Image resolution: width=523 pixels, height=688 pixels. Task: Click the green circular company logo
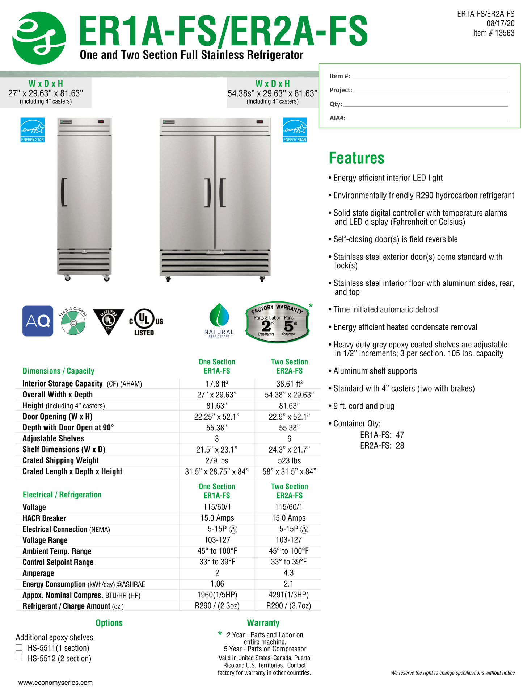click(39, 38)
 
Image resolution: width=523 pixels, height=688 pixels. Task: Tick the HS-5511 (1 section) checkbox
click(19, 647)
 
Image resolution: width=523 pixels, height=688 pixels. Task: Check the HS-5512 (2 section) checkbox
click(19, 657)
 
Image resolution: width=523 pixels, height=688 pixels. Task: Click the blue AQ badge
click(38, 321)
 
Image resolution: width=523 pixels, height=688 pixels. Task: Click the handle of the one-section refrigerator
click(64, 192)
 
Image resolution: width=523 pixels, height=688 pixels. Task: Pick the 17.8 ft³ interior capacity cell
click(217, 384)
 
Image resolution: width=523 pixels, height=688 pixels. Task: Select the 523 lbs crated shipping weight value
click(289, 460)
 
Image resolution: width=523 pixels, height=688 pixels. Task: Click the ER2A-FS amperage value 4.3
click(288, 573)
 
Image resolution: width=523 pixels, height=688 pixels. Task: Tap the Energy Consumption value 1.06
click(217, 584)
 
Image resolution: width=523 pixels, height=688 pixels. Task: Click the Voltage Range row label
click(45, 540)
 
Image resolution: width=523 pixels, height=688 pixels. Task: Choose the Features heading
click(356, 158)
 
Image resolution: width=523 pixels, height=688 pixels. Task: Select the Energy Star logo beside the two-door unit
click(295, 130)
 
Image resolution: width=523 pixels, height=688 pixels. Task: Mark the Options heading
click(109, 623)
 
